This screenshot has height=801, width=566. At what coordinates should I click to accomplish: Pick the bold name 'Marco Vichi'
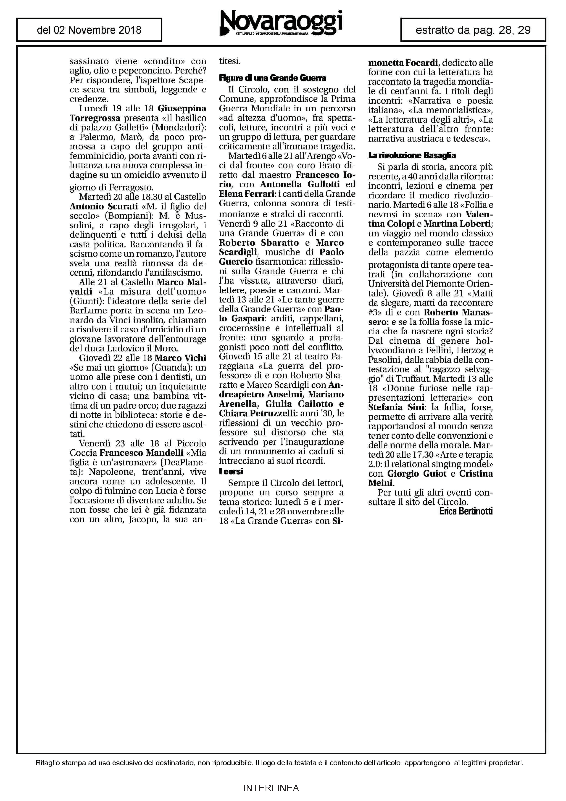[180, 358]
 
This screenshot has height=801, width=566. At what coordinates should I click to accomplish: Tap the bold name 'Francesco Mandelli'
[141, 453]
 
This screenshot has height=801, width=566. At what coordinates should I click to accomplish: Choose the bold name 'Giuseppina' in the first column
[182, 108]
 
